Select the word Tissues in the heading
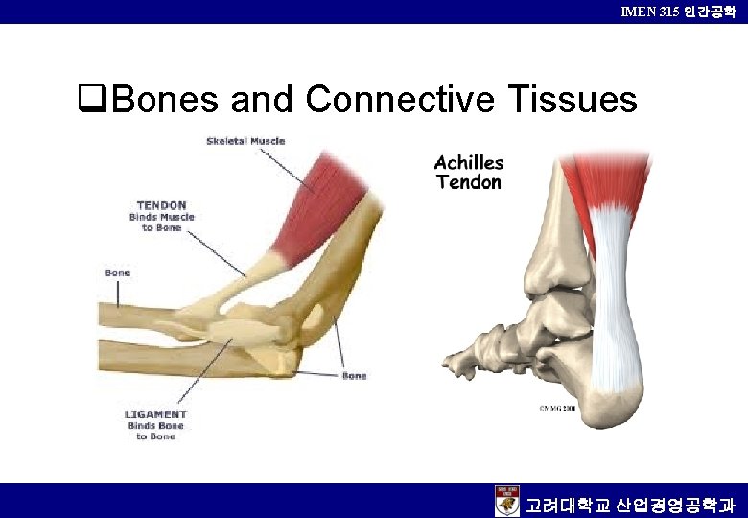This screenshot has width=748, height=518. tap(566, 99)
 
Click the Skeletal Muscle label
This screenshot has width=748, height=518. tap(245, 141)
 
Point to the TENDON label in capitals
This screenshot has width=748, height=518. tap(161, 205)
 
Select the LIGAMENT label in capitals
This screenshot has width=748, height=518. tap(154, 413)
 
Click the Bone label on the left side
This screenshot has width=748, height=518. tap(117, 273)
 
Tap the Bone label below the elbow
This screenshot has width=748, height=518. tap(354, 375)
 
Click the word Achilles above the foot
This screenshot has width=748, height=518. tap(468, 163)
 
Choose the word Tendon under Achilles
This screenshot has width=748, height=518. tap(468, 182)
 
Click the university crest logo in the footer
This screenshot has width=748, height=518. tap(506, 501)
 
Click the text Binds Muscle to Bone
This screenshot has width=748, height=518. tap(161, 223)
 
